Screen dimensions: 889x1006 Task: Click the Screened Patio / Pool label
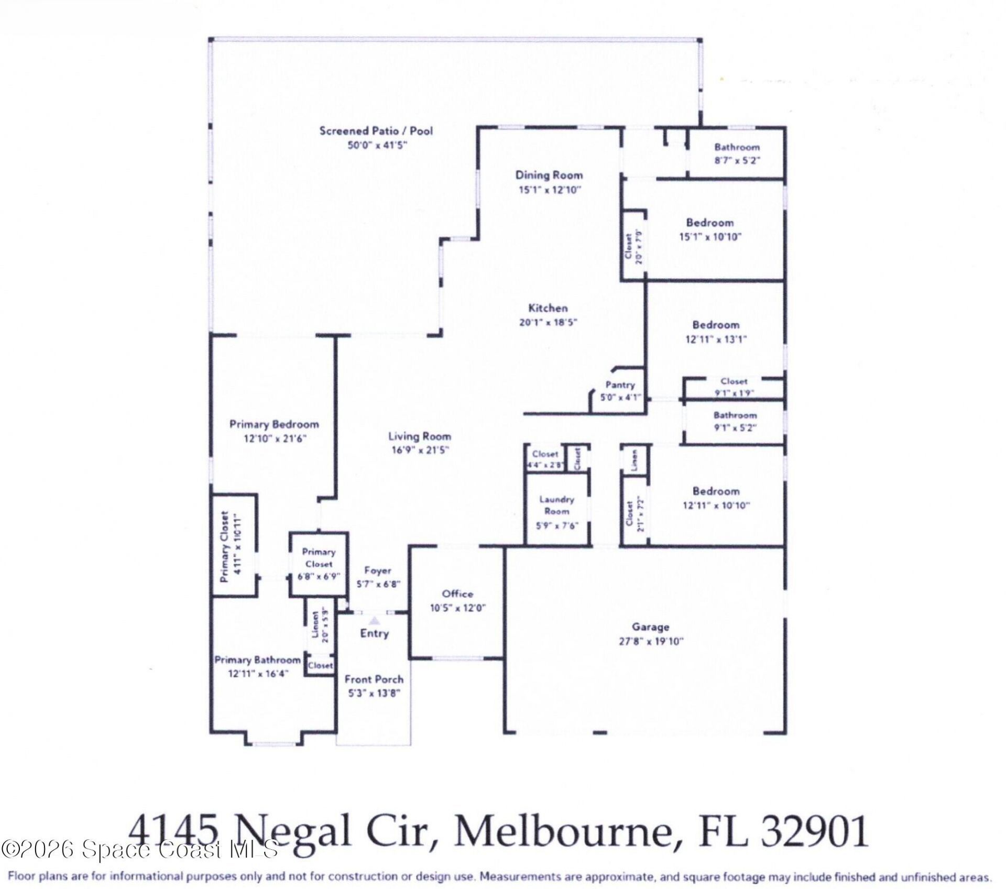tap(376, 131)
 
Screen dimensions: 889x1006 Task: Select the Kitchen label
tap(548, 308)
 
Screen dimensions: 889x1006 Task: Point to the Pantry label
tap(620, 385)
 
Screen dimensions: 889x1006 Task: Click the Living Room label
tap(419, 436)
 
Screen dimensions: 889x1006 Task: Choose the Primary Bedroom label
tap(274, 424)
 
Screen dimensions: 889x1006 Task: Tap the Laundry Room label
tap(556, 506)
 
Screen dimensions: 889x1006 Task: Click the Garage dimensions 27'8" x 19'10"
tap(651, 641)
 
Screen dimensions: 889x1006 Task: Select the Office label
tap(457, 594)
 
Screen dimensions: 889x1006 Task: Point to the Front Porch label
tap(374, 679)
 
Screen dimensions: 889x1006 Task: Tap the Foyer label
tap(377, 571)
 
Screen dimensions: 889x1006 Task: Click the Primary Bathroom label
tap(258, 660)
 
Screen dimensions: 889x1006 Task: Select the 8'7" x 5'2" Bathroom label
tap(737, 147)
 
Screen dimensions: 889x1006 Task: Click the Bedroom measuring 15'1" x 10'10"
tap(709, 223)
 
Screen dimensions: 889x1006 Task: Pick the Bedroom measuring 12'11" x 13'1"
tap(716, 325)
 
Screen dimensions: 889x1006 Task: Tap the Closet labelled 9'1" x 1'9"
tap(734, 382)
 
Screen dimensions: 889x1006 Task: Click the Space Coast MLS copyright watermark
tap(139, 849)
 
